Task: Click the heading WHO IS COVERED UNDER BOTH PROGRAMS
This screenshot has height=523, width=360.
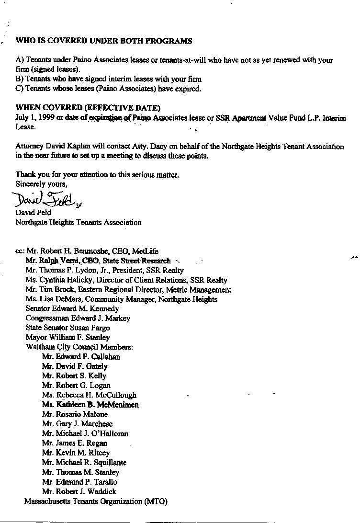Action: point(104,41)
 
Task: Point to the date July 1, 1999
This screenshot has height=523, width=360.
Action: point(35,118)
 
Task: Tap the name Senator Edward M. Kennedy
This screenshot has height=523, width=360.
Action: point(72,309)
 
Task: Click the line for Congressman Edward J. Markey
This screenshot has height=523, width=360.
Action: point(78,318)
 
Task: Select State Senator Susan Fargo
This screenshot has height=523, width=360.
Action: point(67,328)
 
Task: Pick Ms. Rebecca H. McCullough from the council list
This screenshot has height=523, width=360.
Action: point(89,395)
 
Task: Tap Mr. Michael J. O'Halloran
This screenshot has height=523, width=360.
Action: point(85,433)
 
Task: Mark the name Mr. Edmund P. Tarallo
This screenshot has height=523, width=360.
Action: point(79,482)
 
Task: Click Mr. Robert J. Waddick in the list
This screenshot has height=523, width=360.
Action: point(79,491)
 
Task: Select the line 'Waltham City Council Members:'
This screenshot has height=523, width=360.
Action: point(79,347)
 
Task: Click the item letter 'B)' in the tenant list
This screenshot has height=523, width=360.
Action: point(20,80)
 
